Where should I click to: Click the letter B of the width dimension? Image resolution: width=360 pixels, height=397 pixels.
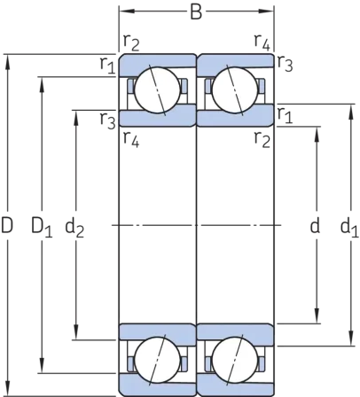[x=196, y=12]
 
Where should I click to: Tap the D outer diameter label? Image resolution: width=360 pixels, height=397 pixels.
[x=7, y=225]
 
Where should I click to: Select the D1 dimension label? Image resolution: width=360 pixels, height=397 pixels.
[x=42, y=227]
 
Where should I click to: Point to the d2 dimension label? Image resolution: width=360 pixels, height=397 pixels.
[x=74, y=228]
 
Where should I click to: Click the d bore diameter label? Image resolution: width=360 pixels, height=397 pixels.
[x=315, y=226]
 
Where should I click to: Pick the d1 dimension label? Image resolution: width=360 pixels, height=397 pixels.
[x=349, y=228]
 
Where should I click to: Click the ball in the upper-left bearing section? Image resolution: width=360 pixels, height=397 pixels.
[x=157, y=90]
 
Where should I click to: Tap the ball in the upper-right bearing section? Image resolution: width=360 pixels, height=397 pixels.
[x=235, y=90]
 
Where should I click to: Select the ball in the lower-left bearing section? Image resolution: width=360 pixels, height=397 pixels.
[x=157, y=360]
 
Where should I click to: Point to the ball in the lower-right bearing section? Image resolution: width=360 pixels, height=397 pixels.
[x=235, y=360]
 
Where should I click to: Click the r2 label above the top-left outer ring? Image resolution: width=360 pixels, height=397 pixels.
[x=131, y=43]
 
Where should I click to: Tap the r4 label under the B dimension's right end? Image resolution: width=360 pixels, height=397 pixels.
[x=262, y=43]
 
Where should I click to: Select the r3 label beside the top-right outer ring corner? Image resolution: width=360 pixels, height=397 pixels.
[x=285, y=64]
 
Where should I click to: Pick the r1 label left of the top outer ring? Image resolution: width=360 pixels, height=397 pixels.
[x=107, y=65]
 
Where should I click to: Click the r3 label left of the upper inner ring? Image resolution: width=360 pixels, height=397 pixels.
[x=107, y=121]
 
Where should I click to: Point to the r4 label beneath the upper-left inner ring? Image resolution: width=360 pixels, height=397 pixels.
[x=131, y=139]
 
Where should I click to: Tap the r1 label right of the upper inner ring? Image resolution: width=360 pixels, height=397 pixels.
[x=285, y=116]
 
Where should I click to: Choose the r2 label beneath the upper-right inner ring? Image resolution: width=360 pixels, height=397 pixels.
[x=262, y=140]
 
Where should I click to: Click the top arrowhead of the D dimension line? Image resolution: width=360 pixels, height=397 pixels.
[x=7, y=62]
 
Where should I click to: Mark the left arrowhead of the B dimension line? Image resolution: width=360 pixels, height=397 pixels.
[x=127, y=12]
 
